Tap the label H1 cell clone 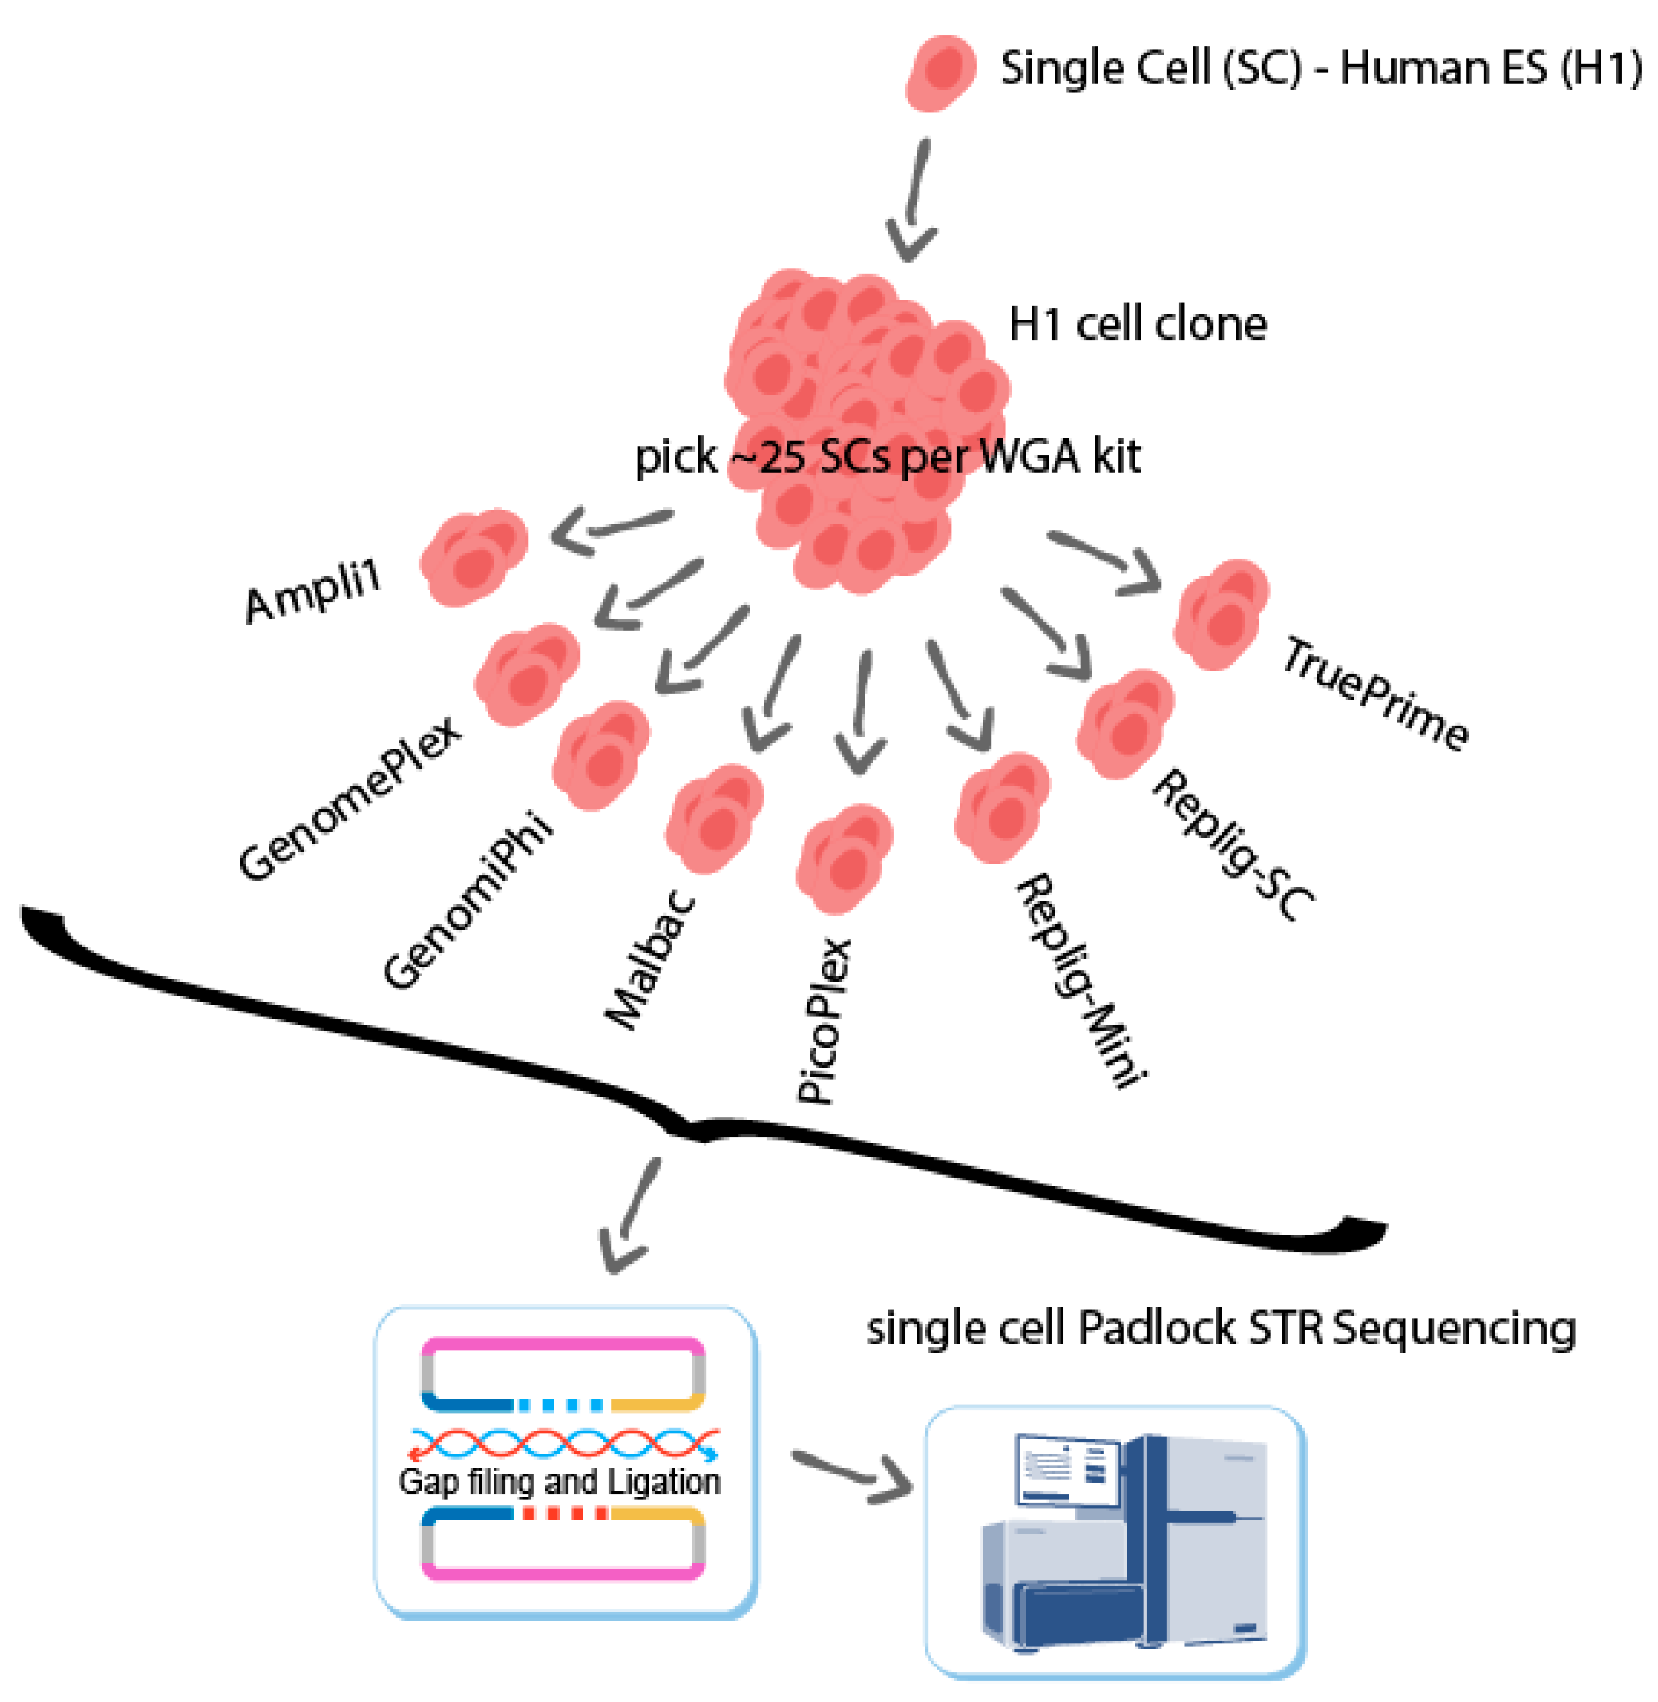pos(1136,325)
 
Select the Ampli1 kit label pos(314,592)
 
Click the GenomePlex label pos(350,798)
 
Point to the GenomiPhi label pos(467,901)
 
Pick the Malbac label pos(651,959)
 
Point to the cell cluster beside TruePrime pos(1221,614)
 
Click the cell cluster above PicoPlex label pos(843,858)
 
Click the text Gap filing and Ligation pos(559,1481)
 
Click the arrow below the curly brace pos(629,1215)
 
